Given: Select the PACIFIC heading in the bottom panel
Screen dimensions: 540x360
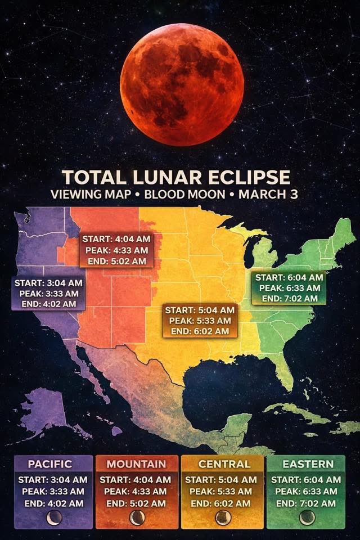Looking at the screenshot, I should tap(50, 464).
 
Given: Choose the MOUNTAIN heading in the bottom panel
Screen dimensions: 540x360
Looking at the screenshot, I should tap(137, 464).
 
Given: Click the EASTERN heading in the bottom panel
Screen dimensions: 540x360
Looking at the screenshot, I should tap(308, 464).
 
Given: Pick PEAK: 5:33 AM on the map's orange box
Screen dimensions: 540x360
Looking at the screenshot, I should tap(200, 321).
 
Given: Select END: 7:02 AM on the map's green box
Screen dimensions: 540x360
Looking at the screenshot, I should tap(289, 298).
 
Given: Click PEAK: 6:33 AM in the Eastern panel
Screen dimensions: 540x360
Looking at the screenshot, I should tap(306, 491).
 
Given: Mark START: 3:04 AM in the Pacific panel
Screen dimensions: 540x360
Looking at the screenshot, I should tap(53, 480).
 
